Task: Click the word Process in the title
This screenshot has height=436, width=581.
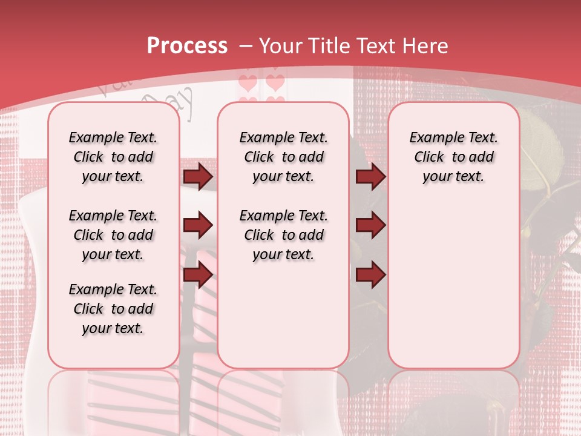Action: pyautogui.click(x=187, y=46)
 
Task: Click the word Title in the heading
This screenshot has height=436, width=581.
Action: pyautogui.click(x=328, y=46)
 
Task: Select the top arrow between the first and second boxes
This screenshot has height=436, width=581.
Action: pyautogui.click(x=198, y=177)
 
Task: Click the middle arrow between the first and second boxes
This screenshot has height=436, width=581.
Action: pyautogui.click(x=198, y=226)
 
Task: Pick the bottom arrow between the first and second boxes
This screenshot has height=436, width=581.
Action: pyautogui.click(x=198, y=275)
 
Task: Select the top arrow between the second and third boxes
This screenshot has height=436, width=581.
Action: pyautogui.click(x=370, y=177)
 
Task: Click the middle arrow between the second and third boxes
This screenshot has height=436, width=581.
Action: pyautogui.click(x=370, y=226)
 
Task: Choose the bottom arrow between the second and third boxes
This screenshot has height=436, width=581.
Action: pyautogui.click(x=370, y=275)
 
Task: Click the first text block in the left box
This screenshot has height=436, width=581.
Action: pyautogui.click(x=113, y=157)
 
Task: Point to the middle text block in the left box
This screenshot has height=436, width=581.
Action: pyautogui.click(x=113, y=235)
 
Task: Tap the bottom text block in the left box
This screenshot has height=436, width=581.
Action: pyautogui.click(x=113, y=309)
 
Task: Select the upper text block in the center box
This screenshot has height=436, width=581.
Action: pyautogui.click(x=283, y=157)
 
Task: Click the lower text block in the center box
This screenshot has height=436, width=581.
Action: pyautogui.click(x=283, y=235)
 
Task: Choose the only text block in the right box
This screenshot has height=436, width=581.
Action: pyautogui.click(x=453, y=157)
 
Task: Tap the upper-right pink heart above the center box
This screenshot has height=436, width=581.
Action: pyautogui.click(x=275, y=82)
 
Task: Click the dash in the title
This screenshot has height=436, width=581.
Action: pyautogui.click(x=246, y=46)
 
